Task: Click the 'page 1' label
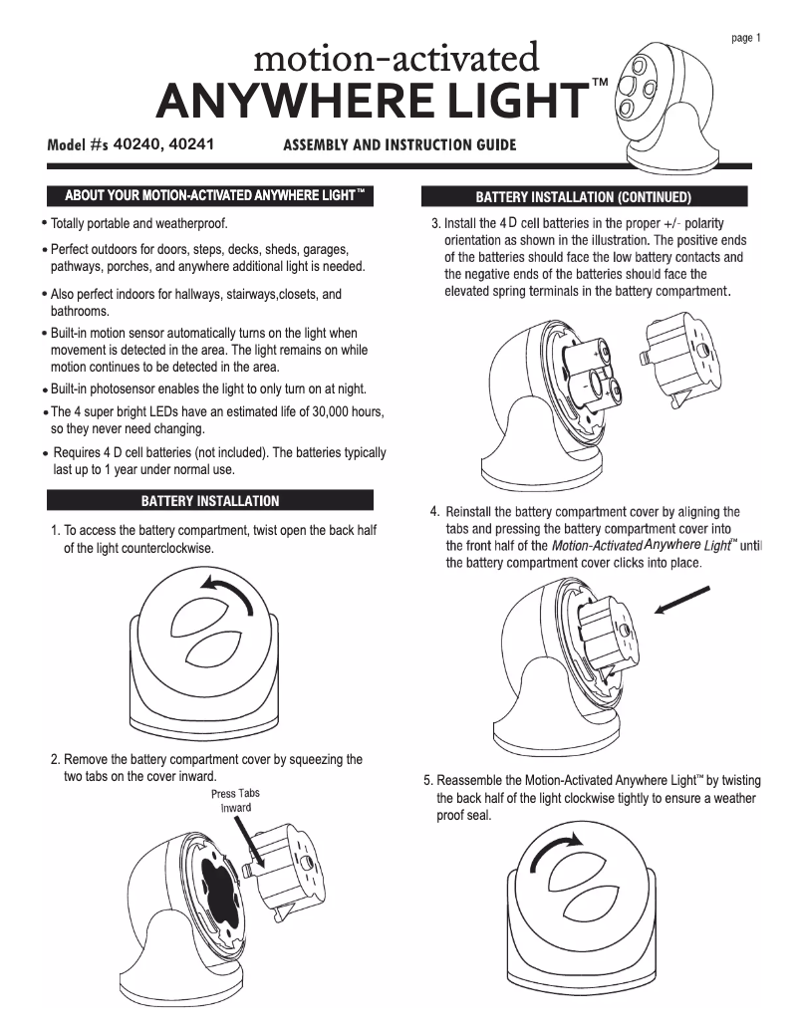746,39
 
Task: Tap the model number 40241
193,142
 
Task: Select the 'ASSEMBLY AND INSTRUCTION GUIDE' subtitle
399,144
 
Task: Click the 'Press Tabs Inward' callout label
235,800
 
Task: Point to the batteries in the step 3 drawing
591,373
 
